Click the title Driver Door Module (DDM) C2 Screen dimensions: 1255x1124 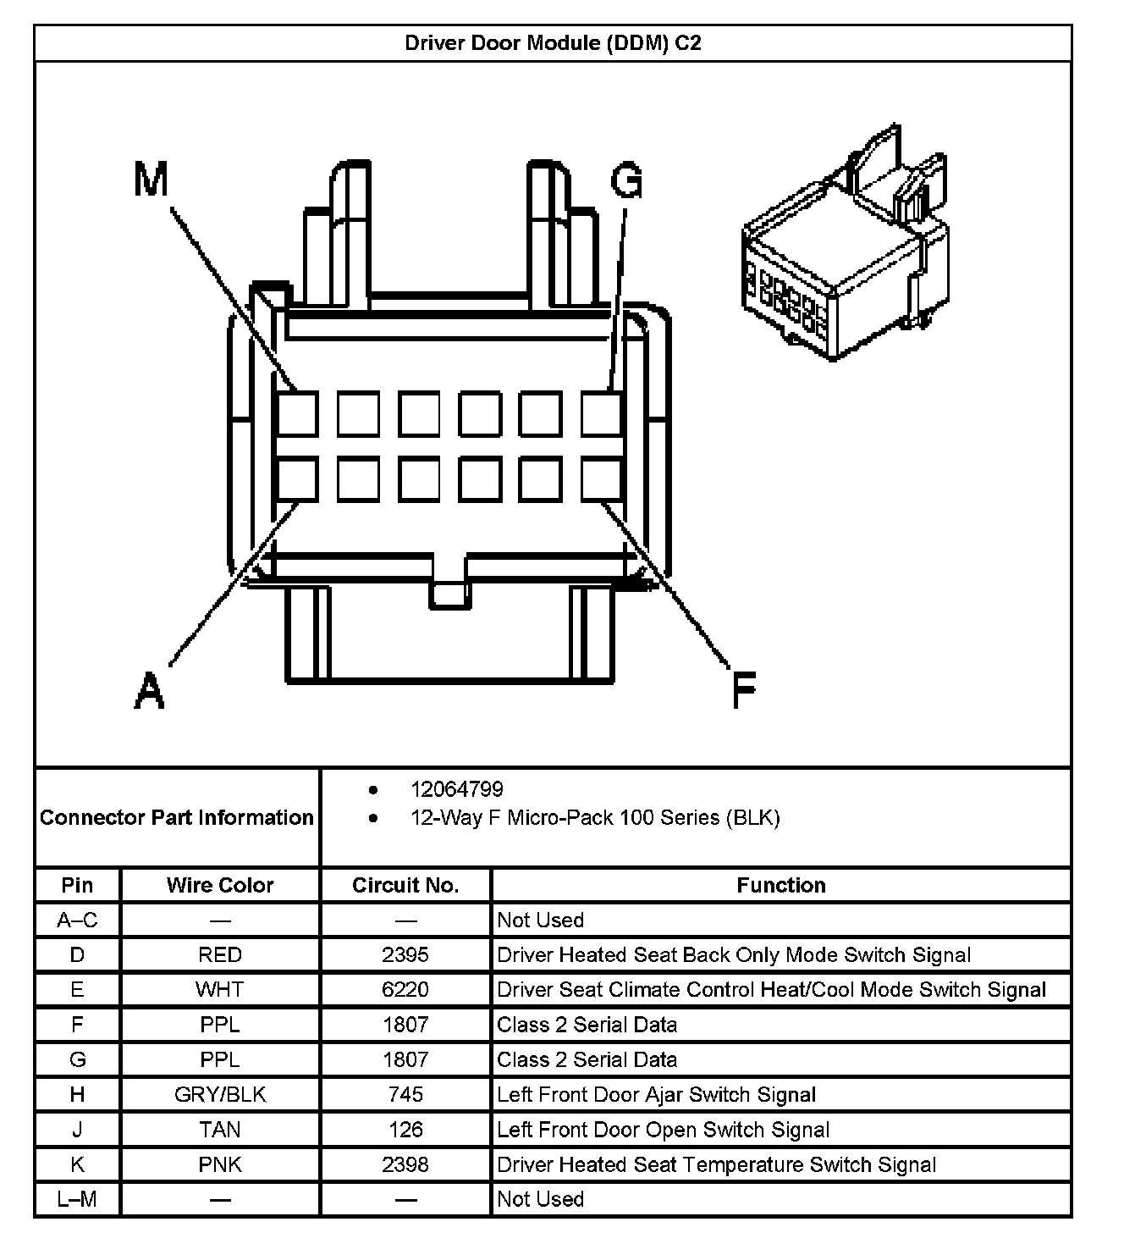pyautogui.click(x=553, y=43)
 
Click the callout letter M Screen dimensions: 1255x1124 pyautogui.click(x=152, y=180)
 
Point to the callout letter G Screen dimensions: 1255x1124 pyautogui.click(x=626, y=180)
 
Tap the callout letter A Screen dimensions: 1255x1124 pyautogui.click(x=150, y=689)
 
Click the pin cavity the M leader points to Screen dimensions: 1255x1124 pyautogui.click(x=298, y=414)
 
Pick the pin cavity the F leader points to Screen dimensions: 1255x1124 pyautogui.click(x=602, y=479)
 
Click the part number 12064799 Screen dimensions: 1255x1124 pyautogui.click(x=456, y=789)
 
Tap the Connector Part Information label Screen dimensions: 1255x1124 pyautogui.click(x=177, y=817)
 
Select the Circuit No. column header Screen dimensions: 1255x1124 pyautogui.click(x=405, y=885)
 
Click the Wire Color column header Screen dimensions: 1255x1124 pyautogui.click(x=220, y=885)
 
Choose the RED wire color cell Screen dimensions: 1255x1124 pyautogui.click(x=220, y=954)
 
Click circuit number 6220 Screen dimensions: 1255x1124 pyautogui.click(x=405, y=989)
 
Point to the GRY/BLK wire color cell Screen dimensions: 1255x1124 pyautogui.click(x=220, y=1094)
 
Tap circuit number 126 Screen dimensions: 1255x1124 pyautogui.click(x=405, y=1129)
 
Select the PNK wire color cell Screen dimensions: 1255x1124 pyautogui.click(x=220, y=1164)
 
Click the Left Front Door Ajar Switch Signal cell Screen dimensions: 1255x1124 pyautogui.click(x=656, y=1094)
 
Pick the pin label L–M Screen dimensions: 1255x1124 pyautogui.click(x=77, y=1199)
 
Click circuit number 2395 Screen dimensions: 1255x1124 pyautogui.click(x=405, y=954)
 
